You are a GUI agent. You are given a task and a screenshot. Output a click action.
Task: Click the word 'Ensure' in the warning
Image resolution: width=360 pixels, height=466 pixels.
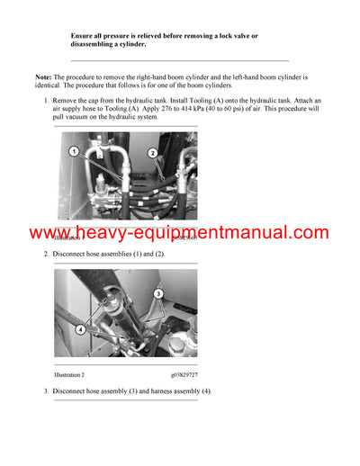84,35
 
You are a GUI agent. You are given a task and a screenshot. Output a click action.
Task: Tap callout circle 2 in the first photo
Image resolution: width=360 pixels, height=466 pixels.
153,154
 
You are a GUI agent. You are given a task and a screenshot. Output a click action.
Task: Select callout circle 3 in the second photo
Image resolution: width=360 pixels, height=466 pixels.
157,293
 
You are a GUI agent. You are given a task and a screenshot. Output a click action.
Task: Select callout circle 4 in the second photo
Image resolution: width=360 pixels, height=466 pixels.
81,329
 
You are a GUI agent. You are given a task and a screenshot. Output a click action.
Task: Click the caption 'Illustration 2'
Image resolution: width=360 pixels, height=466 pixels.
69,374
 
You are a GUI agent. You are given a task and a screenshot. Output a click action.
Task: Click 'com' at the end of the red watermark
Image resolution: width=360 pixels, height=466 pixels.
310,233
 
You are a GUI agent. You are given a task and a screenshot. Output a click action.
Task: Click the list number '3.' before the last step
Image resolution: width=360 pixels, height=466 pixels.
47,391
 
